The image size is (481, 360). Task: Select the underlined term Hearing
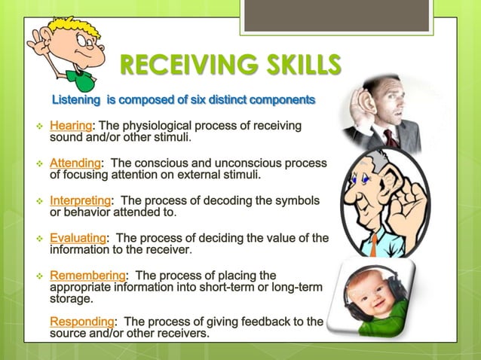coord(70,125)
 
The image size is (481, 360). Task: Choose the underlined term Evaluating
coord(78,239)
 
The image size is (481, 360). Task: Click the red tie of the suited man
coord(391,138)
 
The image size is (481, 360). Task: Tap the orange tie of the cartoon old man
coord(373,244)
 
